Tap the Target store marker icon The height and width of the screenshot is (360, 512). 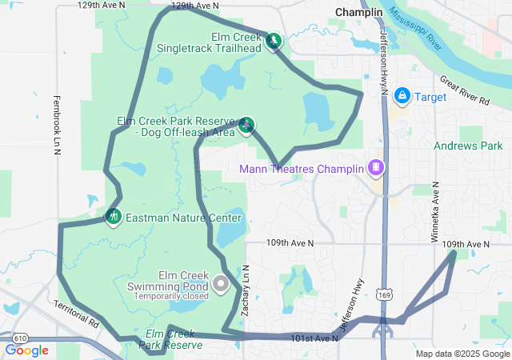coord(402,97)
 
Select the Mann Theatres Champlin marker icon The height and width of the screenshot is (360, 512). coord(374,168)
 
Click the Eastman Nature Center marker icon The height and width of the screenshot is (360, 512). coord(113,216)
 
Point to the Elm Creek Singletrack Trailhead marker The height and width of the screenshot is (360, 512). coord(274,40)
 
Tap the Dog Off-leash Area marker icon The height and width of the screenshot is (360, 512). coord(247,124)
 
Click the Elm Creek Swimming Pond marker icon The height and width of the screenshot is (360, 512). coord(222,283)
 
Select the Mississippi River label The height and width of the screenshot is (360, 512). coord(414,28)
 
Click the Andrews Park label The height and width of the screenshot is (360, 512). coord(468,146)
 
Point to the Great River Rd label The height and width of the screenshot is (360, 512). coord(465,90)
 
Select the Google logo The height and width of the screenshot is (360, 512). coord(27,350)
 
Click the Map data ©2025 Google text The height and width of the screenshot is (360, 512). coord(462,354)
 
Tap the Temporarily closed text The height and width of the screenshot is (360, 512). coord(171,294)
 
